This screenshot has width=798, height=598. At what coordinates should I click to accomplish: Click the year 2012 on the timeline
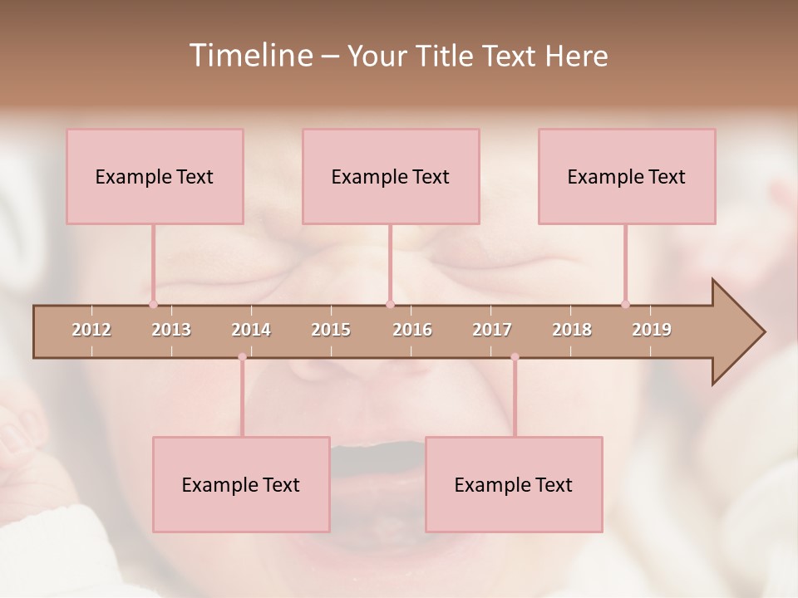(x=91, y=330)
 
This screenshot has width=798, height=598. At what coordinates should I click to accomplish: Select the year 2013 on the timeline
(x=171, y=330)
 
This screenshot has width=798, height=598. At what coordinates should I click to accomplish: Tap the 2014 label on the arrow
(x=251, y=330)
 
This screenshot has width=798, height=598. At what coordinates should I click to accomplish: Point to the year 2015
(x=331, y=330)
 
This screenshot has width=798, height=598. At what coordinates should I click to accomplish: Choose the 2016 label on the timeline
(x=412, y=330)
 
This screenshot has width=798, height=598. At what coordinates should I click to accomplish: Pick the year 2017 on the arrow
(x=492, y=330)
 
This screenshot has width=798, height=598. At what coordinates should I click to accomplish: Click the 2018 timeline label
(x=572, y=330)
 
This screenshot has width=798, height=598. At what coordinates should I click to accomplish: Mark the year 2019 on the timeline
(x=652, y=330)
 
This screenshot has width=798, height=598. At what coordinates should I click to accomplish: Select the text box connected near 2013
(x=155, y=176)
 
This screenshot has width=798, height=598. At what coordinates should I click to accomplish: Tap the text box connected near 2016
(x=391, y=176)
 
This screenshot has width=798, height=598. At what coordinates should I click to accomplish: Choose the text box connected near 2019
(x=627, y=176)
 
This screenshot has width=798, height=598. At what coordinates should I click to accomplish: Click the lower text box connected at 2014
(x=241, y=484)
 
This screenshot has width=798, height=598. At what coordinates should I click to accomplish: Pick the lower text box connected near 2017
(x=514, y=484)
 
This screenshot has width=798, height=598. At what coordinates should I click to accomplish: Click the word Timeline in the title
(x=250, y=56)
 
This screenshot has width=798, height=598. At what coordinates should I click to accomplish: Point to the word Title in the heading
(x=448, y=56)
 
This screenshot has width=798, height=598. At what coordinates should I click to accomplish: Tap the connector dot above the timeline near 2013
(x=153, y=304)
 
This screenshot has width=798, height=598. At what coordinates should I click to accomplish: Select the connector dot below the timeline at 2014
(x=242, y=357)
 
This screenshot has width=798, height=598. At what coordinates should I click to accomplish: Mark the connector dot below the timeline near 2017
(x=515, y=357)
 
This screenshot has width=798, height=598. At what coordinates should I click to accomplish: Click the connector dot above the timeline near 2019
(x=625, y=304)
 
